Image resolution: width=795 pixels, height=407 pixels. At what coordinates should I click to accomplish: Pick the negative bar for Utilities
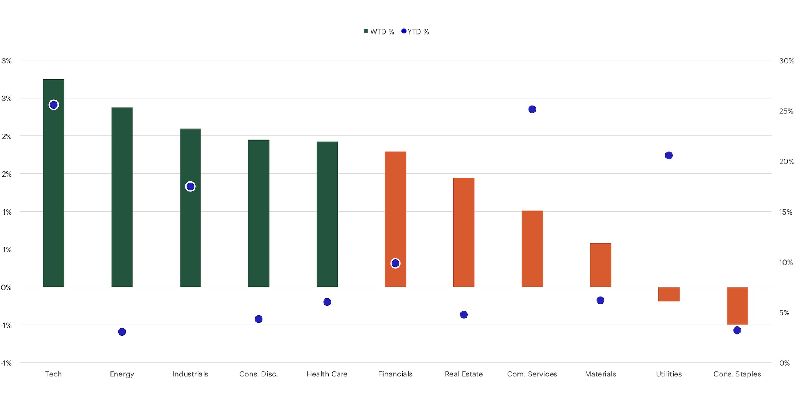click(x=669, y=294)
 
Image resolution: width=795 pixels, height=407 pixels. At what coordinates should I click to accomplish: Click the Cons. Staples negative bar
click(x=737, y=305)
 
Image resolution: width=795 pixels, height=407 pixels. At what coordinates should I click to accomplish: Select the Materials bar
click(x=600, y=265)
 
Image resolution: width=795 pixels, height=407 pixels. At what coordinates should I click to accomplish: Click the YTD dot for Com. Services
click(x=532, y=109)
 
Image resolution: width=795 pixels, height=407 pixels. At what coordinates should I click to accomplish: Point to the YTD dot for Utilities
click(x=669, y=155)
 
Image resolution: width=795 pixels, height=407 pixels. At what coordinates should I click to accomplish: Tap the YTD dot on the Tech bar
click(x=53, y=105)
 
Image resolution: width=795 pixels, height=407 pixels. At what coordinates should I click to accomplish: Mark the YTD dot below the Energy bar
click(x=122, y=332)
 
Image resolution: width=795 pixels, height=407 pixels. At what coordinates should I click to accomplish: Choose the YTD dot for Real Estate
click(x=464, y=315)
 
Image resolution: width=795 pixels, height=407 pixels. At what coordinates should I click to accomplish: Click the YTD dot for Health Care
click(x=327, y=302)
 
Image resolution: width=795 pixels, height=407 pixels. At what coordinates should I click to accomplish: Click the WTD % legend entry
click(x=379, y=32)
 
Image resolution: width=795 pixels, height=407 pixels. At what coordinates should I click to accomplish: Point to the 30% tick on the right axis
click(x=787, y=61)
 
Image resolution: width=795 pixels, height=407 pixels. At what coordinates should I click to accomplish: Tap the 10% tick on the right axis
click(x=786, y=262)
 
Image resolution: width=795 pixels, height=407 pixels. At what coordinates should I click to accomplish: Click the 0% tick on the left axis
click(x=6, y=287)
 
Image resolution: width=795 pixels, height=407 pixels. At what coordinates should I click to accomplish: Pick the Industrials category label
click(x=190, y=374)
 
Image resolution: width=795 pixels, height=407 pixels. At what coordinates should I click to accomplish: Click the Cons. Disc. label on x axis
click(x=258, y=374)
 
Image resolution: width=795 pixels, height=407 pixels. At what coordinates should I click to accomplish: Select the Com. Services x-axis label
click(x=532, y=374)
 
